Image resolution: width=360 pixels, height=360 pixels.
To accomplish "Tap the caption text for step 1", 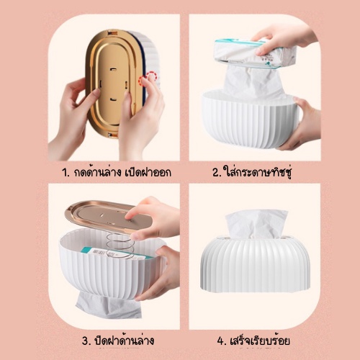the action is point(117,172).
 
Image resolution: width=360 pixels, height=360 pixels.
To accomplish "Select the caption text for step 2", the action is point(252,172).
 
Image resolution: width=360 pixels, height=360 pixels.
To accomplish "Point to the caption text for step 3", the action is point(118,341).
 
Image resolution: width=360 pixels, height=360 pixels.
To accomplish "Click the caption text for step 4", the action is point(253,341).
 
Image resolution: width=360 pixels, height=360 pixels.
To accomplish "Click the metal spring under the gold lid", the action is point(119,246).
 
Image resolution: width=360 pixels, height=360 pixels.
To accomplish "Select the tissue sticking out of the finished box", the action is point(256,223).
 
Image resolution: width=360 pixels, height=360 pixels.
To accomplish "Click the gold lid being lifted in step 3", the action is point(106,215).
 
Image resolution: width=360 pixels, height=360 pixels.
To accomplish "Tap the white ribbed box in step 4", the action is point(255,264).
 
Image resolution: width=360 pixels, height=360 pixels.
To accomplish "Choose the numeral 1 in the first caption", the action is point(65,173).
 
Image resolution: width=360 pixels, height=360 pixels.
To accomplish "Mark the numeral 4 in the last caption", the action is point(220,341).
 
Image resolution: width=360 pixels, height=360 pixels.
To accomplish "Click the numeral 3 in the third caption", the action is point(85,341).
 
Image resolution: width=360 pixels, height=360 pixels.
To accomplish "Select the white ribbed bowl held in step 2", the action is point(250,120).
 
